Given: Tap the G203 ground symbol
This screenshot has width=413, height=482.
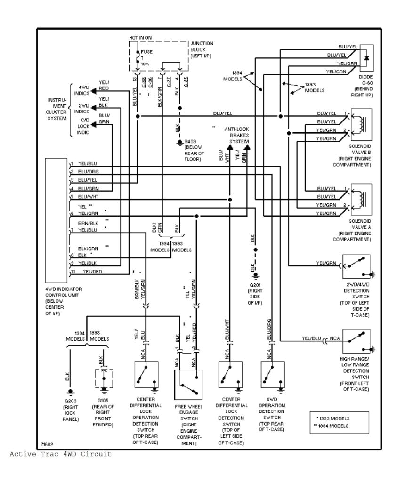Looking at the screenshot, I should (71, 392).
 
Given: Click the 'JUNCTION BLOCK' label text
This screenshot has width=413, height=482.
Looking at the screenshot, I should (202, 46).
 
